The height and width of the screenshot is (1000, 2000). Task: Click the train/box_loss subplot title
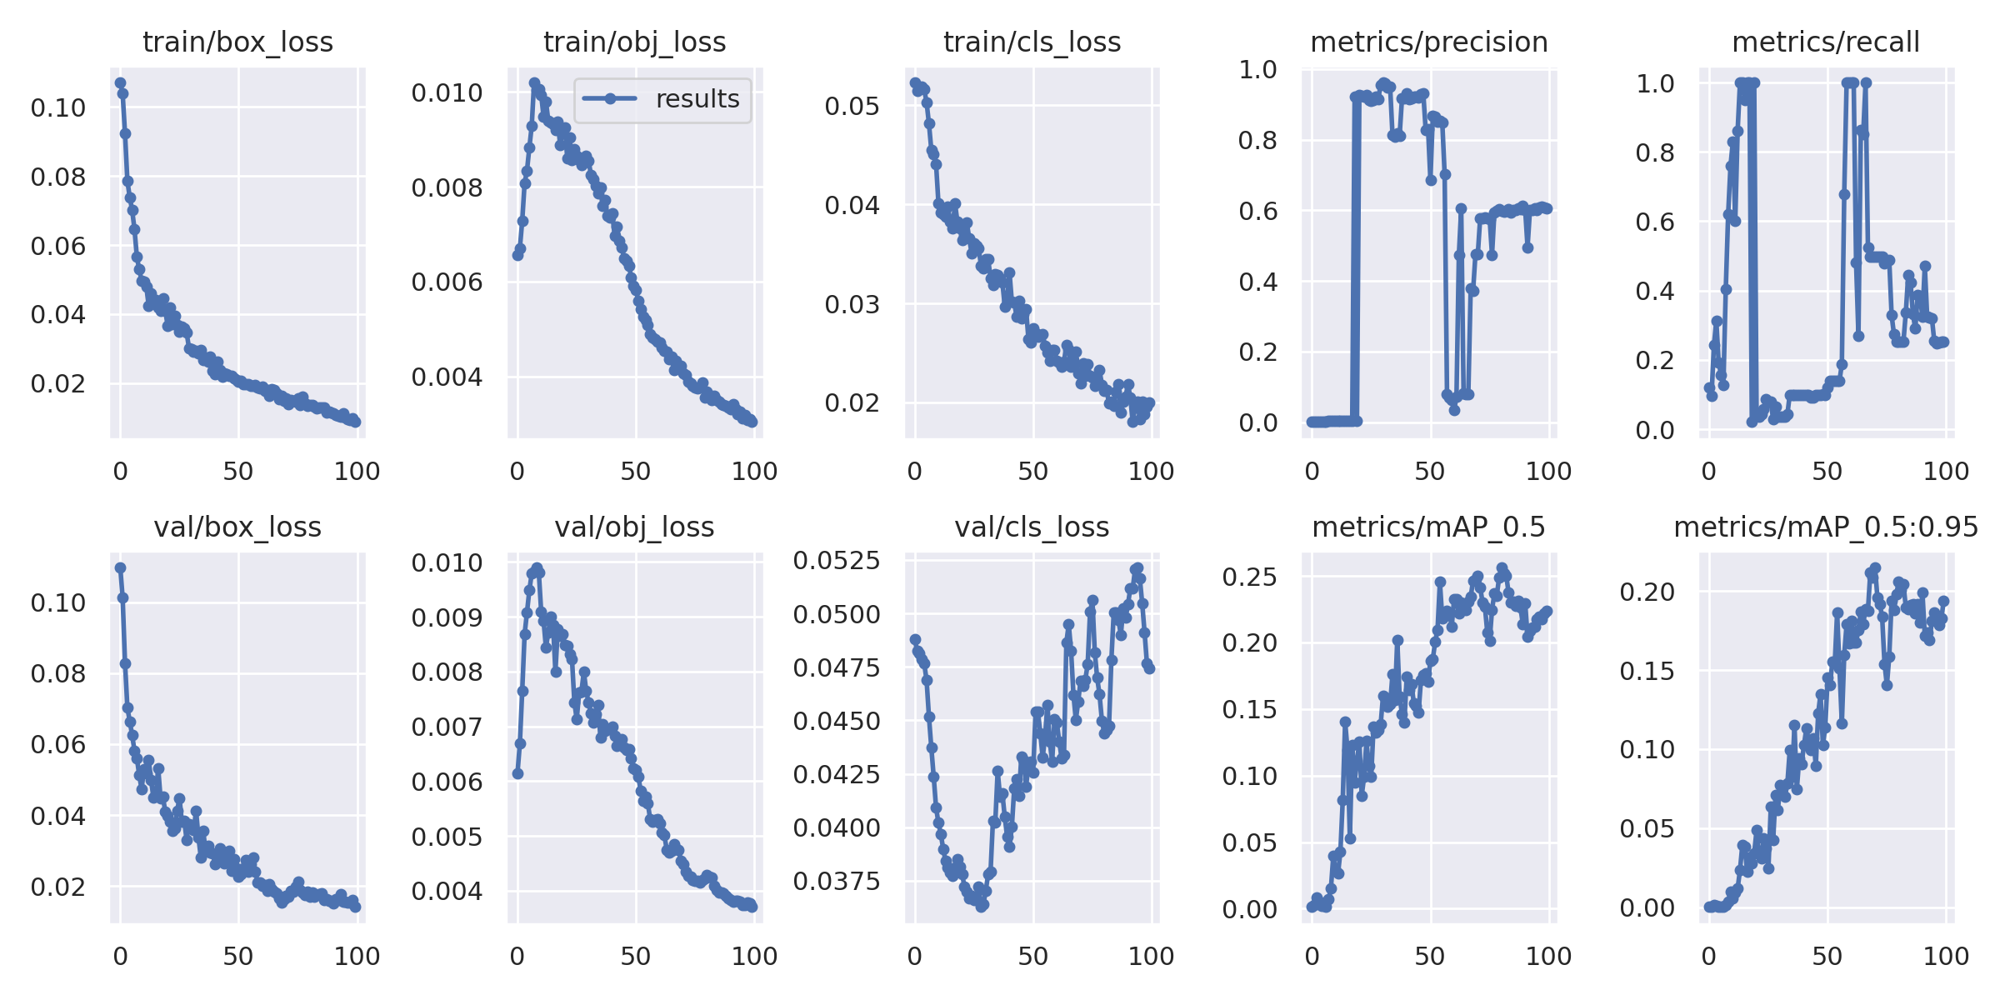click(x=237, y=42)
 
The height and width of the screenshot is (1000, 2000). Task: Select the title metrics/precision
click(x=1428, y=42)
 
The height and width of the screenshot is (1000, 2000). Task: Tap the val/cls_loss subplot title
click(x=1032, y=527)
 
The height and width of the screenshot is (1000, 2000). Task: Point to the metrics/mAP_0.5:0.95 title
click(x=1825, y=527)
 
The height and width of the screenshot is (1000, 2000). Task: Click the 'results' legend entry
click(x=697, y=99)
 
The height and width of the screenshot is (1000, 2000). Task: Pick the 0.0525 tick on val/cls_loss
click(x=836, y=561)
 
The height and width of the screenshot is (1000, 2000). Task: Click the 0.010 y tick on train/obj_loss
click(x=447, y=92)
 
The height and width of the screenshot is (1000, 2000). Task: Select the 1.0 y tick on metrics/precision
click(x=1257, y=70)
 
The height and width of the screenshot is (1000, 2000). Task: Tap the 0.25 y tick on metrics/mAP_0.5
click(x=1249, y=577)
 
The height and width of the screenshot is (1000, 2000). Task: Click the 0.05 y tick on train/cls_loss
click(x=852, y=107)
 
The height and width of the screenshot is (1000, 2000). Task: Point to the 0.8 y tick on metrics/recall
click(x=1655, y=152)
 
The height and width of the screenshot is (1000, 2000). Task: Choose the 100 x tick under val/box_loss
click(x=357, y=957)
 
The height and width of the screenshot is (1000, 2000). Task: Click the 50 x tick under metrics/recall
click(x=1827, y=472)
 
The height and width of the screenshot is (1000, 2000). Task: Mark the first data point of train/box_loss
click(x=120, y=83)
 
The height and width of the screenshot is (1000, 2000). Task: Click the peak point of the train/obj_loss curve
click(x=534, y=83)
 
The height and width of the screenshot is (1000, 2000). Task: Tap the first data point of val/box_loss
click(x=120, y=567)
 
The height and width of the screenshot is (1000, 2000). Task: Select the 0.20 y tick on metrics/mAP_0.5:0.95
click(x=1647, y=592)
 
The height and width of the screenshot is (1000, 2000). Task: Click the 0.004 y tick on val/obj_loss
click(x=447, y=892)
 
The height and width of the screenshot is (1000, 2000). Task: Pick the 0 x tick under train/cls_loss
click(x=914, y=472)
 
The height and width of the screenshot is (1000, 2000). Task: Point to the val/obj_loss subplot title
click(x=634, y=527)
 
